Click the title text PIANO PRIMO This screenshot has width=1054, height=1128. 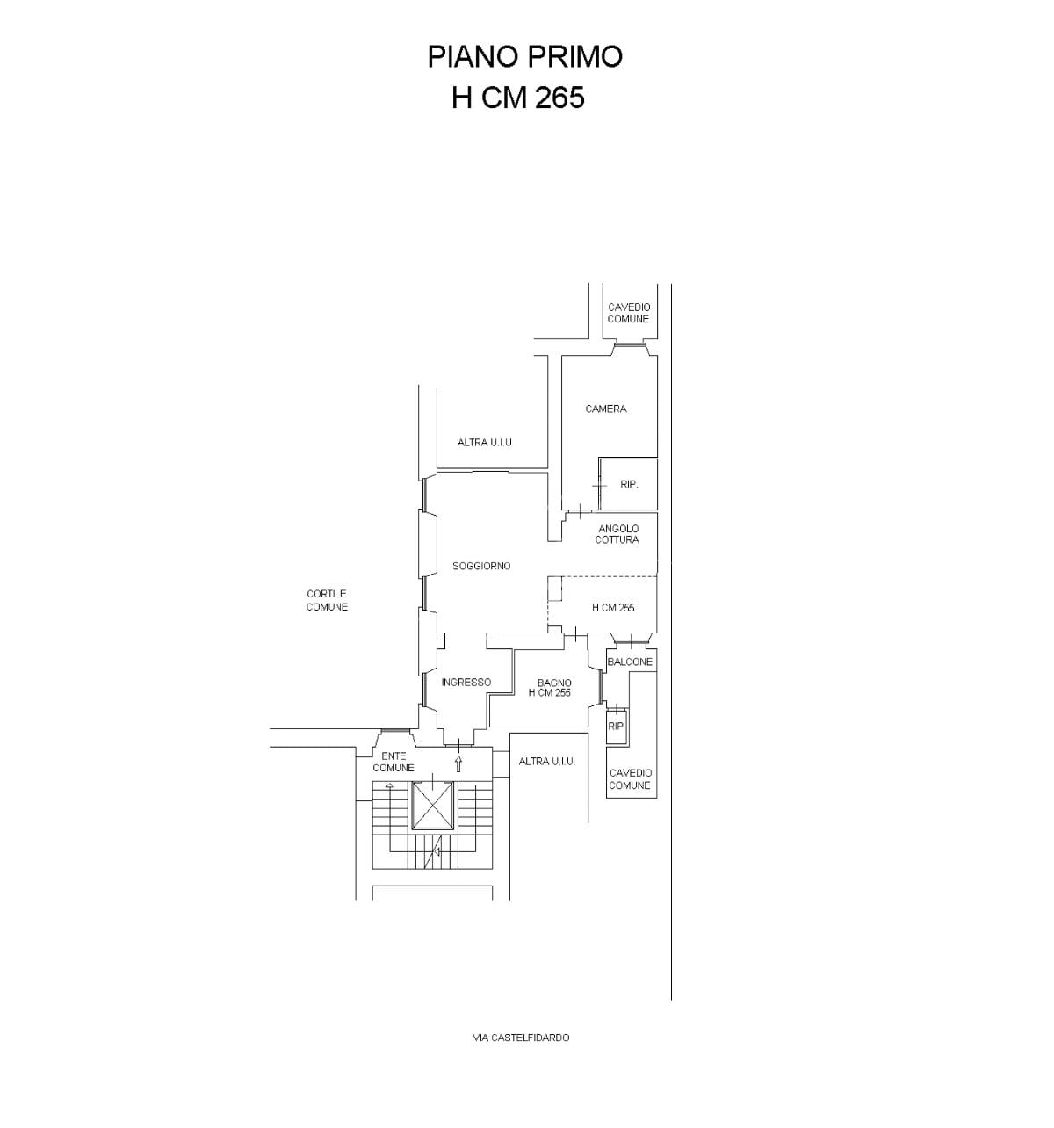[x=524, y=57]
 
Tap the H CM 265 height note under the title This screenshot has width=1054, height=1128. [x=518, y=98]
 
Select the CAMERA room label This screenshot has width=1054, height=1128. [x=606, y=409]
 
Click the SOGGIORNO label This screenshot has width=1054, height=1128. [x=481, y=566]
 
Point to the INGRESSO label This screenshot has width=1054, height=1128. [x=466, y=682]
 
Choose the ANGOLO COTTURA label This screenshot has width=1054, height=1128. [x=617, y=534]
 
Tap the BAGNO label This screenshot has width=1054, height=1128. [x=554, y=683]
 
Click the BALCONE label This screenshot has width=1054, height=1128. [x=630, y=662]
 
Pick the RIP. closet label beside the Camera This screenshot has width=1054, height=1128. [x=629, y=484]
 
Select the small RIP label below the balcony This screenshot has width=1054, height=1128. [x=616, y=726]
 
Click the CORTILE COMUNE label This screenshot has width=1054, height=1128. [x=327, y=600]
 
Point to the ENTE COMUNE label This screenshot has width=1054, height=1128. [x=393, y=762]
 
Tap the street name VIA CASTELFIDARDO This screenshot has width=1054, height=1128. [x=521, y=1038]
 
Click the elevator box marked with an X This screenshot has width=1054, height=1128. [x=433, y=806]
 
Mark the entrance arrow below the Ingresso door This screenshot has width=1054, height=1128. [x=458, y=763]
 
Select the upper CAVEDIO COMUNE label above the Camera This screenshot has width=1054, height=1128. [x=629, y=313]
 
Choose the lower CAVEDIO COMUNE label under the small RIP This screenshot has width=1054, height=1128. [x=630, y=779]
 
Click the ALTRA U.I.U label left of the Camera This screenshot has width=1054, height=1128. [x=485, y=443]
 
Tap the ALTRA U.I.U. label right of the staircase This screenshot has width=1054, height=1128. [x=547, y=761]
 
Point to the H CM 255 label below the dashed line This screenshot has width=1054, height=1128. [x=613, y=608]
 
